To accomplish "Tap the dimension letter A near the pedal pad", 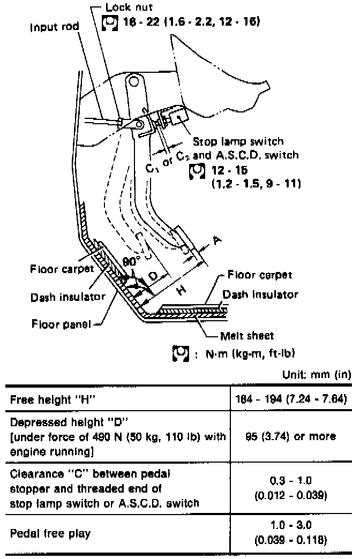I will pyautogui.click(x=216, y=241).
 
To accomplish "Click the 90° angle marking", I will pyautogui.click(x=130, y=263).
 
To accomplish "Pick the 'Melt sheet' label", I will pyautogui.click(x=247, y=336).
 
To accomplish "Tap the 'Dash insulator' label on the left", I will pyautogui.click(x=67, y=296).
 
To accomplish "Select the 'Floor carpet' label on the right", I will pyautogui.click(x=260, y=275).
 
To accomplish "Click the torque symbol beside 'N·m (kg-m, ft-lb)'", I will pyautogui.click(x=179, y=353).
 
